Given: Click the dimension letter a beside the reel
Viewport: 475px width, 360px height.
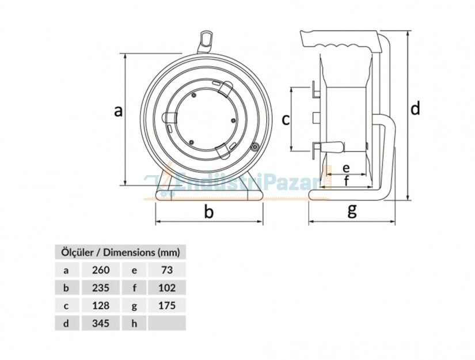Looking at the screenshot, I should (x=118, y=111).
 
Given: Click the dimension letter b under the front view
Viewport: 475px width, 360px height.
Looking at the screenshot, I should (x=209, y=211).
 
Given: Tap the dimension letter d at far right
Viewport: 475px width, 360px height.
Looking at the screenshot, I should (x=415, y=108).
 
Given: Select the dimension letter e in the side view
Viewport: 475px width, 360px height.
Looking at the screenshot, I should (x=346, y=168).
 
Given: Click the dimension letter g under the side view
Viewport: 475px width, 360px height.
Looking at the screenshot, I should (x=352, y=210).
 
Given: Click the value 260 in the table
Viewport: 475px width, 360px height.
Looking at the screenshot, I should (x=101, y=270).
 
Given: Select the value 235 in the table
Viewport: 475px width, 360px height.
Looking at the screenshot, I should (x=101, y=287).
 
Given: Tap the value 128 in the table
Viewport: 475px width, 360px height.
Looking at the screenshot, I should (x=101, y=305).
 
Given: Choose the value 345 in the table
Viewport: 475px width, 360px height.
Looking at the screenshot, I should (x=101, y=323).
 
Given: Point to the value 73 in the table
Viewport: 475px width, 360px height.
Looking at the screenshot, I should (x=167, y=270).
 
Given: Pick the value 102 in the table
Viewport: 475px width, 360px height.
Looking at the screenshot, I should (x=167, y=287).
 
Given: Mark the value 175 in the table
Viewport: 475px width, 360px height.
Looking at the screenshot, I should (x=167, y=305).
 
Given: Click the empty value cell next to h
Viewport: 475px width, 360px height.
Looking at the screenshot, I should (x=167, y=323).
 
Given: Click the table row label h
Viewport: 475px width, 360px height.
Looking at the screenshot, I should (x=134, y=323).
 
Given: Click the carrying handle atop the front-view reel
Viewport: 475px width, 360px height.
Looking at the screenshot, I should (x=206, y=41).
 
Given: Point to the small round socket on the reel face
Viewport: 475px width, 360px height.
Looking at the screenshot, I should (x=254, y=147).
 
